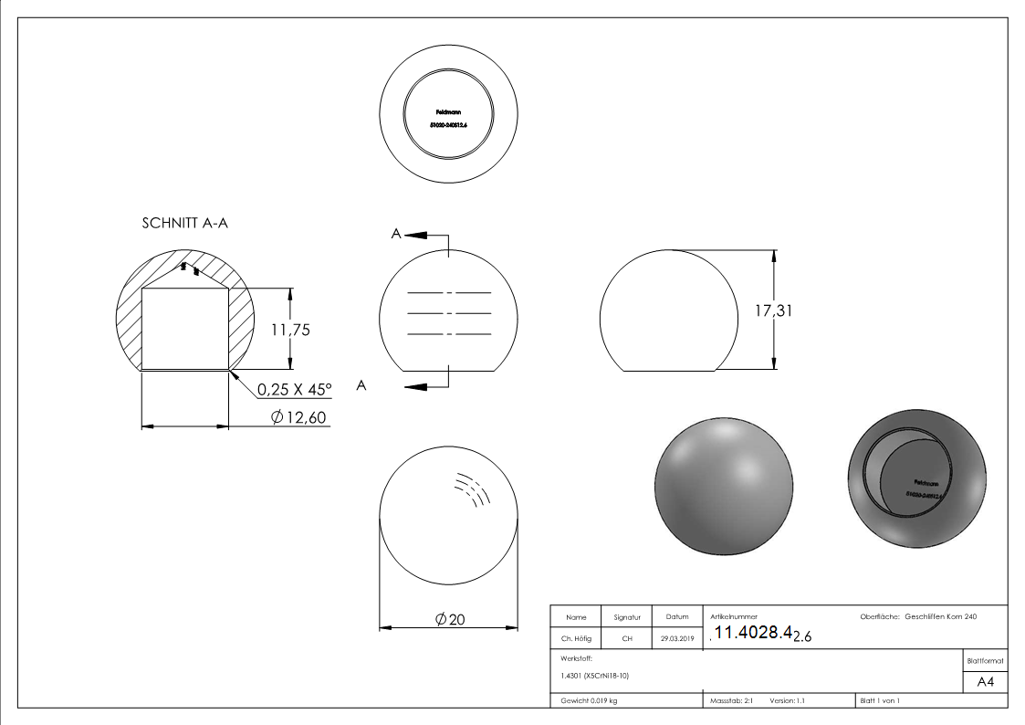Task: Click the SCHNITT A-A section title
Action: (184, 224)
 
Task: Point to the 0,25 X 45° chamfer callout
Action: (294, 390)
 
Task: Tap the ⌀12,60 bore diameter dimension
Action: (299, 417)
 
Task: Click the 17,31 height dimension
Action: (773, 310)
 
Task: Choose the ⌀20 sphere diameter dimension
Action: (451, 619)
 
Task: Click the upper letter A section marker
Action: (396, 235)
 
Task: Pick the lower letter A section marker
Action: (361, 386)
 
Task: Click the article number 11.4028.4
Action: (751, 634)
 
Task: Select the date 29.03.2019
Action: (676, 639)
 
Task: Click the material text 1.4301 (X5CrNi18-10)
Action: (595, 676)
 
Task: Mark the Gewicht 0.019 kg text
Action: (589, 700)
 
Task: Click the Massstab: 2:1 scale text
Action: (730, 700)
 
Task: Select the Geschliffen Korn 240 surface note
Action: (940, 617)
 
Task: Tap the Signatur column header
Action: (627, 617)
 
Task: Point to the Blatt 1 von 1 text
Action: (880, 700)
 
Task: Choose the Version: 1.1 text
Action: (788, 700)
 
